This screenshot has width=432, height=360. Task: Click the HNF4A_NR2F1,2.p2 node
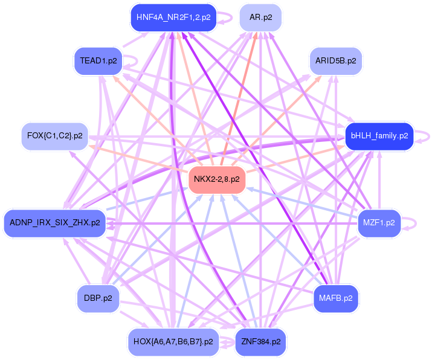pyautogui.click(x=173, y=18)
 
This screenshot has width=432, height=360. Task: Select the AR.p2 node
pyautogui.click(x=260, y=18)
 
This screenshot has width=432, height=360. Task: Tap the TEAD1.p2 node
pyautogui.click(x=98, y=61)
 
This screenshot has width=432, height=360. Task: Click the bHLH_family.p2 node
pyautogui.click(x=379, y=136)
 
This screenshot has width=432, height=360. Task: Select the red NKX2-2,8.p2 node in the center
pyautogui.click(x=216, y=179)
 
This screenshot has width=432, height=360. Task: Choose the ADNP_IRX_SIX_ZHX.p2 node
pyautogui.click(x=54, y=223)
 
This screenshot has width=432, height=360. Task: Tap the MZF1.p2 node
pyautogui.click(x=379, y=223)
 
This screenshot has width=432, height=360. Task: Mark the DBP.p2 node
pyautogui.click(x=98, y=298)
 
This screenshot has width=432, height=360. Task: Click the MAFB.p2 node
pyautogui.click(x=335, y=298)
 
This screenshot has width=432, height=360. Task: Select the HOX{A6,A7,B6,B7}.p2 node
pyautogui.click(x=173, y=342)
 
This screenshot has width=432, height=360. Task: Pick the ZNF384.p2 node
pyautogui.click(x=260, y=342)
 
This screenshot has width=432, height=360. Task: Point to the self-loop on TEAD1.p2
pyautogui.click(x=135, y=61)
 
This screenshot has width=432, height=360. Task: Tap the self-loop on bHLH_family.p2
pyautogui.click(x=427, y=136)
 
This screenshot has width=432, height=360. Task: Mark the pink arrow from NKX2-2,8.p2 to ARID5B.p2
pyautogui.click(x=284, y=112)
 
